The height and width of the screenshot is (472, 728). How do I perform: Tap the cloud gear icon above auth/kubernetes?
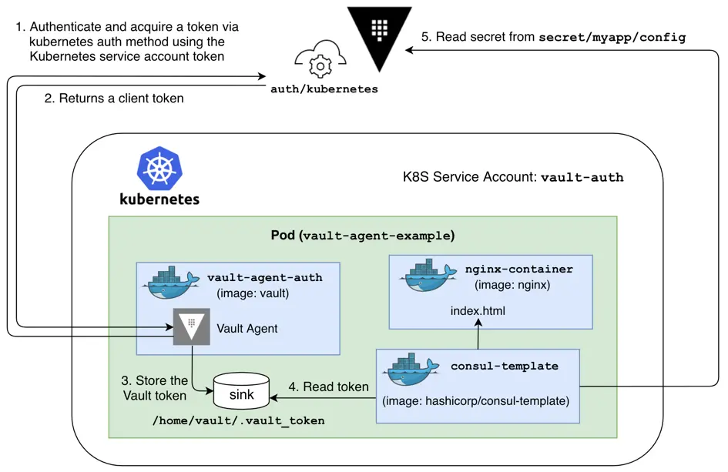[x=319, y=62]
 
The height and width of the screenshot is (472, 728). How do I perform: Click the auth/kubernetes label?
[x=324, y=89]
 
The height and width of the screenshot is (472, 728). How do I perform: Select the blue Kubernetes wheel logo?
[x=159, y=169]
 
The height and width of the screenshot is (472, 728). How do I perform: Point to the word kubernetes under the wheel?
[x=159, y=199]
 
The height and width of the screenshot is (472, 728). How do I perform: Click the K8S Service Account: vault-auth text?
[x=513, y=177]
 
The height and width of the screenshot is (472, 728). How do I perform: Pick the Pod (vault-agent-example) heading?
[x=362, y=235]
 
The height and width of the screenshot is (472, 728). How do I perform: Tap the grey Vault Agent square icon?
[x=191, y=327]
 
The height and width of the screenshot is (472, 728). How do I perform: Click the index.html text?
[x=478, y=312]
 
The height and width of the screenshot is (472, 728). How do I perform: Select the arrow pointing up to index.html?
[x=478, y=336]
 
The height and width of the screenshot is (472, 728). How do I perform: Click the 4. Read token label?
[x=328, y=387]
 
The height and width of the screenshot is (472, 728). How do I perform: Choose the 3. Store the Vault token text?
[x=155, y=388]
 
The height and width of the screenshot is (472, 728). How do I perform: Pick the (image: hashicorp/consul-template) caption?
[x=475, y=401]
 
